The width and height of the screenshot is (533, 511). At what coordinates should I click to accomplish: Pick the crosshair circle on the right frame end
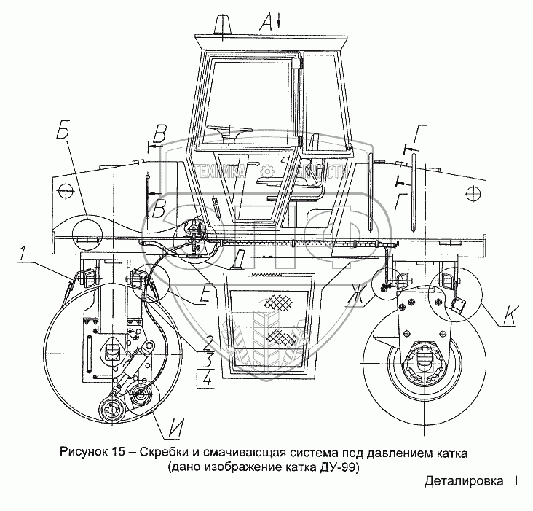pos(473,194)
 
